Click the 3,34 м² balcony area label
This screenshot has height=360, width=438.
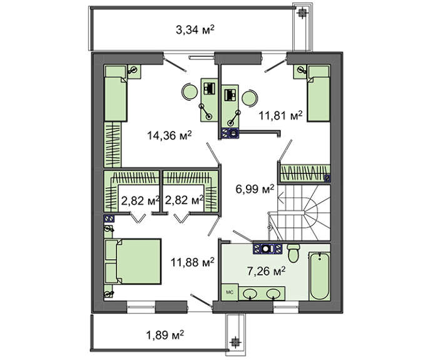click(x=195, y=29)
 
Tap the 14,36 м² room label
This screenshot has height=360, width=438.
click(x=170, y=136)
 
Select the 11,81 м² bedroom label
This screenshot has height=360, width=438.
click(x=281, y=115)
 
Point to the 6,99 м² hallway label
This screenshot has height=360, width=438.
click(x=255, y=189)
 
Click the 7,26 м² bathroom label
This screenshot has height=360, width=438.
click(x=266, y=270)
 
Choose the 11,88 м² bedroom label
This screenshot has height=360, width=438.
click(x=193, y=262)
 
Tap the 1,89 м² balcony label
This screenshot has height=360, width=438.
click(x=165, y=334)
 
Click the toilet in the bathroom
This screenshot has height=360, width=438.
click(x=293, y=253)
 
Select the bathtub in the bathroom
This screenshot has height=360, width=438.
click(x=320, y=276)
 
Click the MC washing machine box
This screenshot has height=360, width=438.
click(x=230, y=292)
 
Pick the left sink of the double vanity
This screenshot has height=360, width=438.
click(x=250, y=294)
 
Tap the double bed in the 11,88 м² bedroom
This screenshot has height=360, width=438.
click(x=133, y=262)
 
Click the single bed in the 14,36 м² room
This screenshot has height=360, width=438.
click(x=115, y=93)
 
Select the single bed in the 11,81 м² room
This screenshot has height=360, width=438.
click(x=318, y=93)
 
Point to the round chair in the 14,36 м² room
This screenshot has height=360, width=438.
click(x=190, y=91)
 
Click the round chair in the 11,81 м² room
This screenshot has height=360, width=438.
click(x=249, y=98)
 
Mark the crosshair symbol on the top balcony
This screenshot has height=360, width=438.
click(x=302, y=13)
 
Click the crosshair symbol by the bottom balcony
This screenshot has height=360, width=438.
click(x=235, y=341)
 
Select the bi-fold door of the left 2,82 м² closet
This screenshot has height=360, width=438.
click(x=138, y=218)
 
